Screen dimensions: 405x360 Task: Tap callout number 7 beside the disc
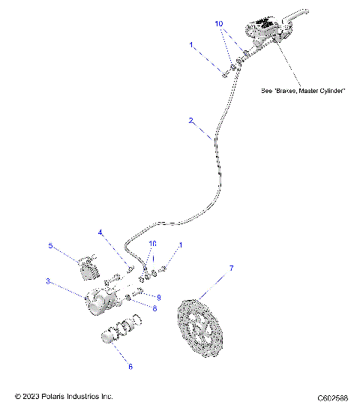[x=231, y=268]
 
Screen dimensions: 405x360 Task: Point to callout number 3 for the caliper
[x=47, y=282]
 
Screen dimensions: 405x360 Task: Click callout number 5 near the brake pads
[x=50, y=245]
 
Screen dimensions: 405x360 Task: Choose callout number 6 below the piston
[x=130, y=367]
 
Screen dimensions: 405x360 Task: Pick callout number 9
[x=158, y=297]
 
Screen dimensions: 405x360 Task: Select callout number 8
[x=154, y=307]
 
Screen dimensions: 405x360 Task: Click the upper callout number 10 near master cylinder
[x=219, y=24]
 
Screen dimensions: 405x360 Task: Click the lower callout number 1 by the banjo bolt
[x=180, y=245]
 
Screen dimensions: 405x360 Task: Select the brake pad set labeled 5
[x=88, y=268]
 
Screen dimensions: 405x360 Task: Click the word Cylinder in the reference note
[x=328, y=91]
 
